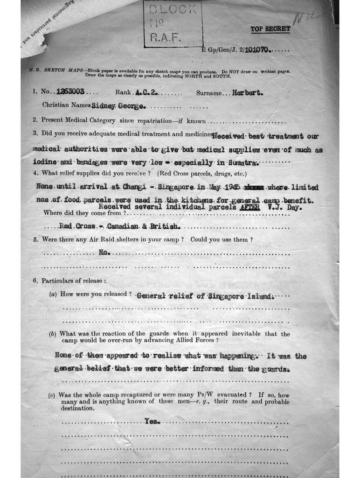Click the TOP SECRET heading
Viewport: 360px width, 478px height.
(x=270, y=29)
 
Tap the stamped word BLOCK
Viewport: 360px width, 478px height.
(x=173, y=9)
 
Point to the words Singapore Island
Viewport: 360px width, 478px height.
(x=240, y=296)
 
